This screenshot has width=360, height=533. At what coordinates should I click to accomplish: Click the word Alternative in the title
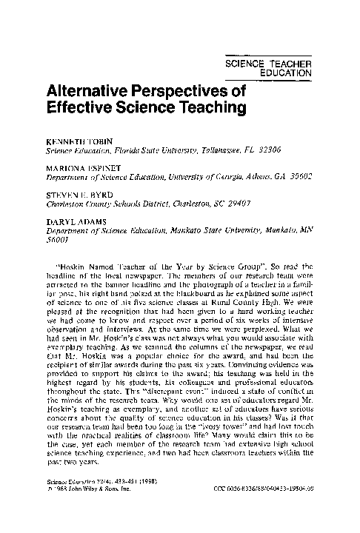coord(91,93)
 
